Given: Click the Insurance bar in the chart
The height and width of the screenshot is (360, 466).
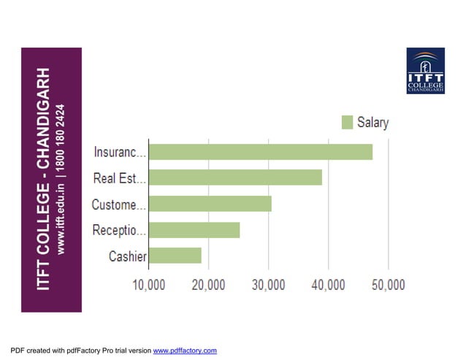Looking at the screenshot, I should pos(260,152).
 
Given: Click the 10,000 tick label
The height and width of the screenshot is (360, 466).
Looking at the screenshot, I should pos(148,285).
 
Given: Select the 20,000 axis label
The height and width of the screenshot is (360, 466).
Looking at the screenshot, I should pos(208,285).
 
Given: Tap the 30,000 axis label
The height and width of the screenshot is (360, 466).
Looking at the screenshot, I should pos(268,285).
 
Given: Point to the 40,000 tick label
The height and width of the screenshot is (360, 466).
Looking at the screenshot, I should pos(328,285).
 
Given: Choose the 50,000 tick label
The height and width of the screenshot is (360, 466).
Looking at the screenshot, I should pos(388,285).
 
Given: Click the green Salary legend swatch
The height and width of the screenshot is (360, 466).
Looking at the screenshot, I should pos(347,123).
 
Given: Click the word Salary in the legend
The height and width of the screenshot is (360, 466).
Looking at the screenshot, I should pos(373,123).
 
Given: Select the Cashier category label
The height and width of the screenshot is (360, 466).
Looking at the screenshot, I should pos(128,256).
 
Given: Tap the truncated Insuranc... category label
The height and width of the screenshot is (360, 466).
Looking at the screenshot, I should pos(120,152).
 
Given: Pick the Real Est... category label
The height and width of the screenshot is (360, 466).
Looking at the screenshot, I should pos(120,178).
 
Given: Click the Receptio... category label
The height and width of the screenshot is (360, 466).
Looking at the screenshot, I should pos(120,231).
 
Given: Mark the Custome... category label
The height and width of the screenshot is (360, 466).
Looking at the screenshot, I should pos(119,204).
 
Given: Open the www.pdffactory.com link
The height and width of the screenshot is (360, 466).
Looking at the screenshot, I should pos(185,351).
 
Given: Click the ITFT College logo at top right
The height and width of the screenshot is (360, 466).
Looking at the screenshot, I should pos(425,72).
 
